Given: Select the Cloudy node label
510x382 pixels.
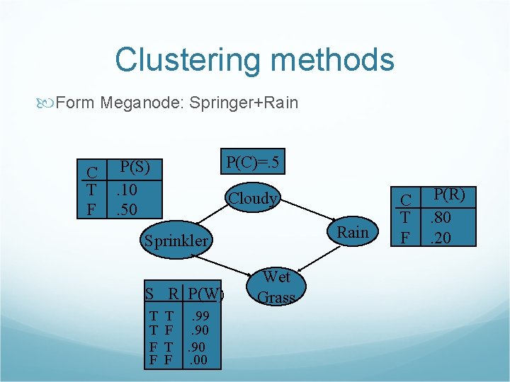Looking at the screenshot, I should point(251,198).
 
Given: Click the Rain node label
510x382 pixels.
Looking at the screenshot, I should point(352,232).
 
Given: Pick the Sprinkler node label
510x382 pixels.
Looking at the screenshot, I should point(176,241).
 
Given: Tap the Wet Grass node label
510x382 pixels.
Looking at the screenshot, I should point(276,286).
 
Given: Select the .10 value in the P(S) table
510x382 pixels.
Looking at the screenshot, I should point(127,190).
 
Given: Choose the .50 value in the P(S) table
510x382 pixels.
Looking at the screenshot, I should point(127,209).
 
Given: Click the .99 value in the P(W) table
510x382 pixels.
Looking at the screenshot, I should point(200,316).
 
